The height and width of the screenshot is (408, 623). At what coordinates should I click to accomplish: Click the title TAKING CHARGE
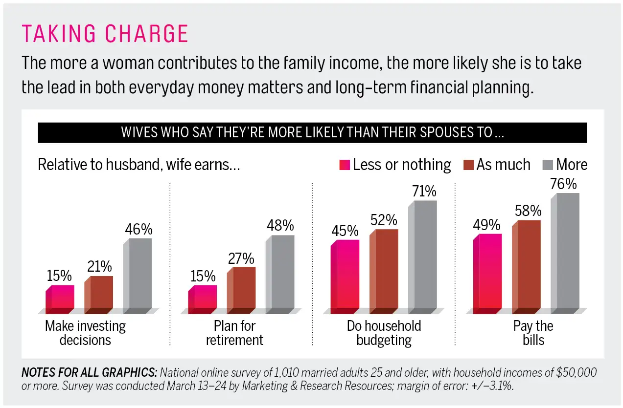coord(105,34)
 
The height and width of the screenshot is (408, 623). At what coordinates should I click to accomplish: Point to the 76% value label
coord(564,184)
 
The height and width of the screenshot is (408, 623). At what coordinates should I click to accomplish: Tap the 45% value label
coord(345,231)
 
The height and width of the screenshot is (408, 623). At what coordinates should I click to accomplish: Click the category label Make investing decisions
coord(86,333)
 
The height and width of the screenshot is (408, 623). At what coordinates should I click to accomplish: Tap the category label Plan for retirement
coord(234,333)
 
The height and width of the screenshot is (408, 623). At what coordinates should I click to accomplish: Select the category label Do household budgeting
coord(384,333)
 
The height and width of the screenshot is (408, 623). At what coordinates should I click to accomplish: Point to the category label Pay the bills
coord(533,333)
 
